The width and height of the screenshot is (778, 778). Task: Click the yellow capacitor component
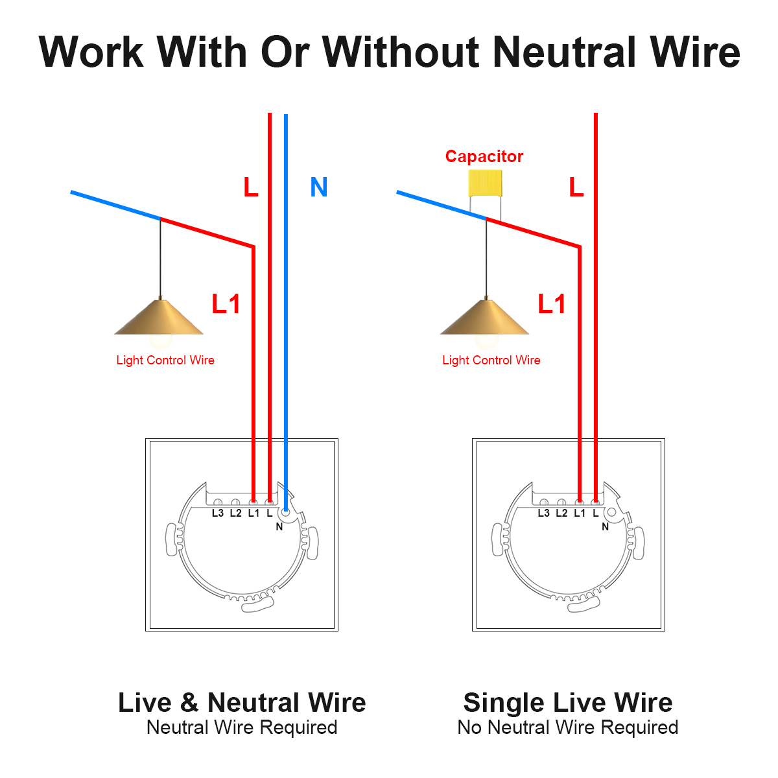click(x=485, y=183)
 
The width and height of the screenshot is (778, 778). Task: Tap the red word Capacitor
click(x=484, y=156)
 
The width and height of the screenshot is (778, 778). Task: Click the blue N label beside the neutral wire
click(x=318, y=187)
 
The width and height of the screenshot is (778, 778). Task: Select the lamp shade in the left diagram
click(x=159, y=318)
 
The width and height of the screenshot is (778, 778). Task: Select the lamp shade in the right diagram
click(x=485, y=318)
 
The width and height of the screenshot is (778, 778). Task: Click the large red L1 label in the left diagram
click(x=226, y=303)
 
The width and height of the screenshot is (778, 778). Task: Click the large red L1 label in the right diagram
click(x=552, y=303)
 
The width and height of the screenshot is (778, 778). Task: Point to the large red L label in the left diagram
click(x=250, y=187)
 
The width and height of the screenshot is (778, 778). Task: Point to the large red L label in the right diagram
click(x=576, y=187)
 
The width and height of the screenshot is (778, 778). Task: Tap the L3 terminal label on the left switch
click(x=218, y=513)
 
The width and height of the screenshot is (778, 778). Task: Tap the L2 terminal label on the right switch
click(x=561, y=513)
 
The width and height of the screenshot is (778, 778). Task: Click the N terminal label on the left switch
click(x=279, y=527)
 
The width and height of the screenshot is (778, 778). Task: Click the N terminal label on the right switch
click(x=606, y=527)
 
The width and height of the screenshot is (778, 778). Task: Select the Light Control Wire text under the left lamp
click(x=165, y=360)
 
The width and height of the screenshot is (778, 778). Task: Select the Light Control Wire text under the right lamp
click(x=491, y=360)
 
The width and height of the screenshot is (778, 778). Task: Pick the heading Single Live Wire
click(x=568, y=703)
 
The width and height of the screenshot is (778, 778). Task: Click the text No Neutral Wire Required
click(x=568, y=727)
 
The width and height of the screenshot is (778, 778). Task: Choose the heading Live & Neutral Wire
click(x=242, y=703)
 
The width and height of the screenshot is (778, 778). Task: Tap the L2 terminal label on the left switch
click(x=235, y=513)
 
